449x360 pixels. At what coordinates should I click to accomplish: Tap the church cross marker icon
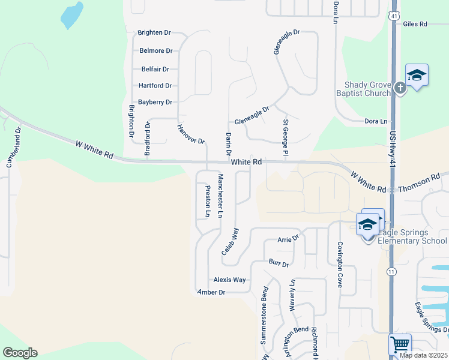(400, 88)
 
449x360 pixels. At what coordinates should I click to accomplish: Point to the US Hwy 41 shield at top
(393, 15)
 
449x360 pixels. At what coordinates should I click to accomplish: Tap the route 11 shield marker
(391, 272)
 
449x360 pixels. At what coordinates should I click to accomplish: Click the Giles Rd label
(415, 24)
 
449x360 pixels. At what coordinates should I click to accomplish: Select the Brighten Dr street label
(154, 32)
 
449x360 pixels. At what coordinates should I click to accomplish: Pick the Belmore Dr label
(155, 51)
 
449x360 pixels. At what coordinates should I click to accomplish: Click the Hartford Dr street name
(155, 86)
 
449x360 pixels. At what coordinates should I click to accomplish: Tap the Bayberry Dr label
(155, 102)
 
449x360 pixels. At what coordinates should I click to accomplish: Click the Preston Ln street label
(208, 201)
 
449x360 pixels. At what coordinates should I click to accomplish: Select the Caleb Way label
(231, 242)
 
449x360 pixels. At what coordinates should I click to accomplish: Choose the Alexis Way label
(230, 280)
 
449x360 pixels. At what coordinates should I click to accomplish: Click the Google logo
(20, 353)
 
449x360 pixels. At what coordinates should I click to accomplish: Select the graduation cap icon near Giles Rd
(417, 75)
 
